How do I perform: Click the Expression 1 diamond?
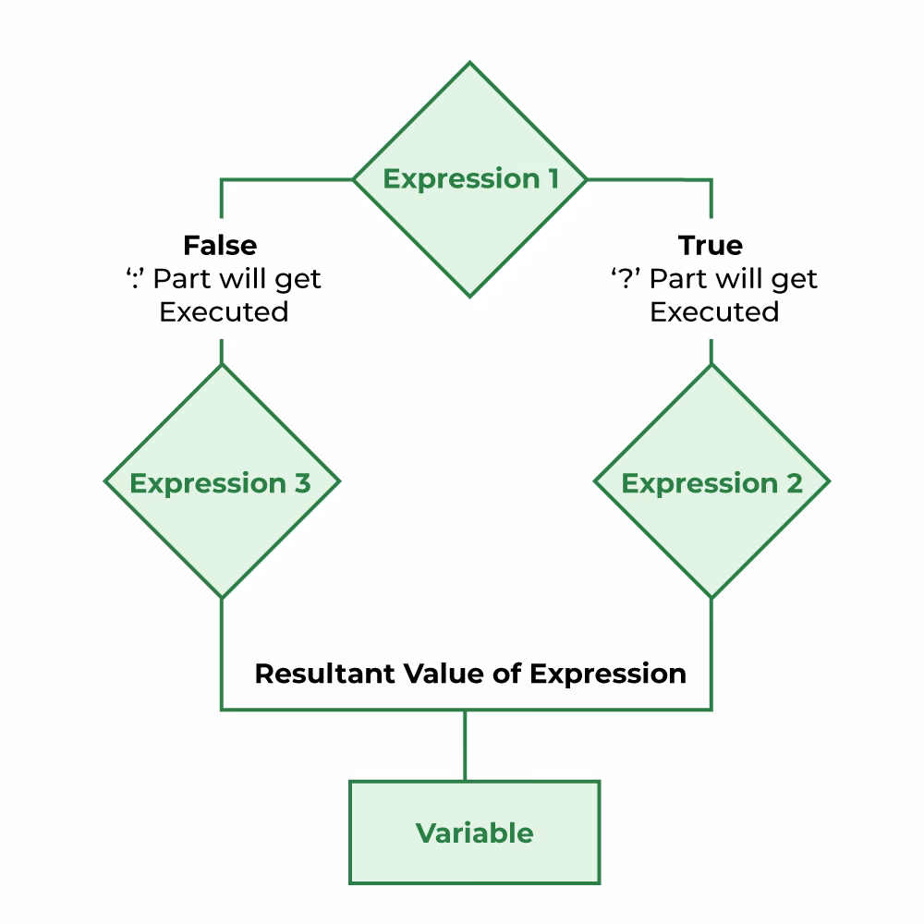click(x=470, y=231)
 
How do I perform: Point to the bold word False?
click(x=220, y=245)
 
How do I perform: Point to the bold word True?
click(x=711, y=245)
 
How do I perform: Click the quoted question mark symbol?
click(x=626, y=278)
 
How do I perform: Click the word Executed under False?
click(x=224, y=311)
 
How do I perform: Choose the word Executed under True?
click(x=714, y=311)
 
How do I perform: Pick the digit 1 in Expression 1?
click(x=550, y=178)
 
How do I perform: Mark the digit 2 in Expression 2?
click(x=794, y=483)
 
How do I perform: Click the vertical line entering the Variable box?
click(x=465, y=746)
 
